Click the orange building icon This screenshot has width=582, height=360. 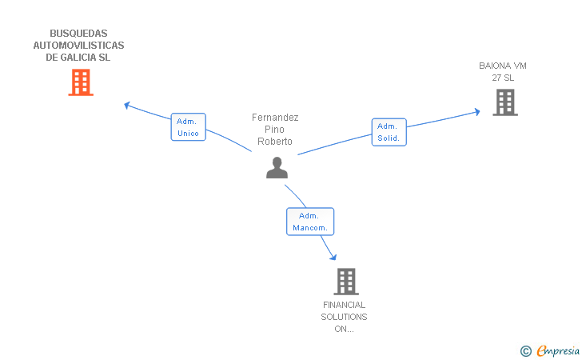pyautogui.click(x=81, y=82)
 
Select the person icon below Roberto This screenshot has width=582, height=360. pyautogui.click(x=277, y=167)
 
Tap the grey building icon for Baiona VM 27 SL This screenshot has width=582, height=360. pyautogui.click(x=505, y=102)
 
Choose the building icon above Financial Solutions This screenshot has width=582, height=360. pyautogui.click(x=346, y=282)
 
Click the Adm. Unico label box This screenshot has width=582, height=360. pyautogui.click(x=188, y=127)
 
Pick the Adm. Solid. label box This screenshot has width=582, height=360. pyautogui.click(x=389, y=132)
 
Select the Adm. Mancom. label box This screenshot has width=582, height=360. pyautogui.click(x=310, y=222)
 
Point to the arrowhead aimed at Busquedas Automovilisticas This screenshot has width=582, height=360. pyautogui.click(x=126, y=106)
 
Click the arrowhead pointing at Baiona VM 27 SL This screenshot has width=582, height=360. pyautogui.click(x=477, y=111)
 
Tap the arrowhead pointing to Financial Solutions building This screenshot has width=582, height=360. pyautogui.click(x=333, y=257)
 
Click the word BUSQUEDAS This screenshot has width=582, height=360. pyautogui.click(x=78, y=34)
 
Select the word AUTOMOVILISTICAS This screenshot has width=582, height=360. pyautogui.click(x=78, y=46)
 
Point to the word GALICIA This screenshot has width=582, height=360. pyautogui.click(x=78, y=58)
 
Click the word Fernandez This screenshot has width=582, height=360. pyautogui.click(x=275, y=118)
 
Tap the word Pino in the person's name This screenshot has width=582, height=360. pyautogui.click(x=274, y=130)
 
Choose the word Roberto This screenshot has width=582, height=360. pyautogui.click(x=275, y=142)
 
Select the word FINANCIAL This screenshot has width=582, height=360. pyautogui.click(x=344, y=305)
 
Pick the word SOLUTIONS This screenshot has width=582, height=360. pyautogui.click(x=344, y=317)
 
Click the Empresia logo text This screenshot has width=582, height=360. pyautogui.click(x=558, y=350)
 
